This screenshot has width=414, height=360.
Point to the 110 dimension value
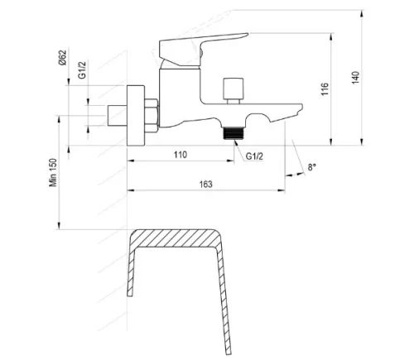[x=181, y=155]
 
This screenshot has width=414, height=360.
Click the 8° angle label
[x=311, y=168]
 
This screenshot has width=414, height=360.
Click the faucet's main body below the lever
[x=178, y=95]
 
